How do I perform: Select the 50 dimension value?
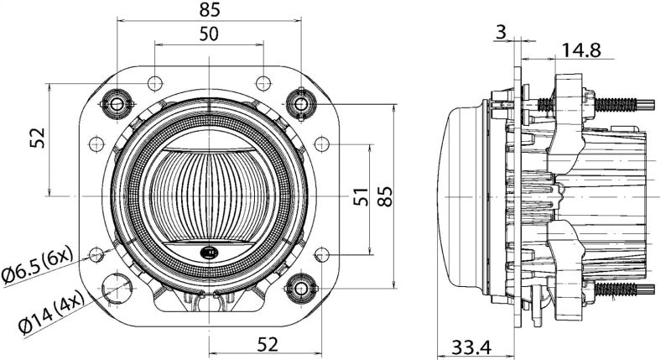click(209, 34)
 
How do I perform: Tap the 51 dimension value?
click(360, 198)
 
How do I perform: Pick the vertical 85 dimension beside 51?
click(385, 198)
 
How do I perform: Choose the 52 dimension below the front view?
click(266, 343)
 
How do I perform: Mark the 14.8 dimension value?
click(581, 50)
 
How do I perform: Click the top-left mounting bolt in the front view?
click(117, 103)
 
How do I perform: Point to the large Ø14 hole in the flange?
click(116, 288)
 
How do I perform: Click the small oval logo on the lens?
click(209, 251)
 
